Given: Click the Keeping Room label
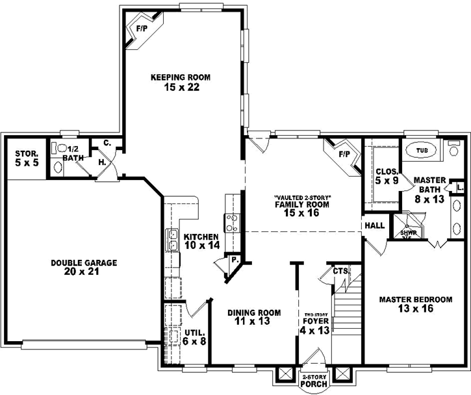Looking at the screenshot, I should click(x=172, y=77).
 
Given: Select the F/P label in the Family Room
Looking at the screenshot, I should click(x=344, y=154).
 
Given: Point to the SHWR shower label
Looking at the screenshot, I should click(x=407, y=233).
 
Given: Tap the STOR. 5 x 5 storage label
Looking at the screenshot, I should click(x=27, y=158).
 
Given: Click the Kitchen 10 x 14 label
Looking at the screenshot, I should click(x=202, y=241).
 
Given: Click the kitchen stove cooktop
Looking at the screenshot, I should click(x=230, y=222).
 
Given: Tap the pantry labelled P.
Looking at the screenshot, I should click(x=233, y=260).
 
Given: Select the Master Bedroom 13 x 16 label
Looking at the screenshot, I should click(x=415, y=304).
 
